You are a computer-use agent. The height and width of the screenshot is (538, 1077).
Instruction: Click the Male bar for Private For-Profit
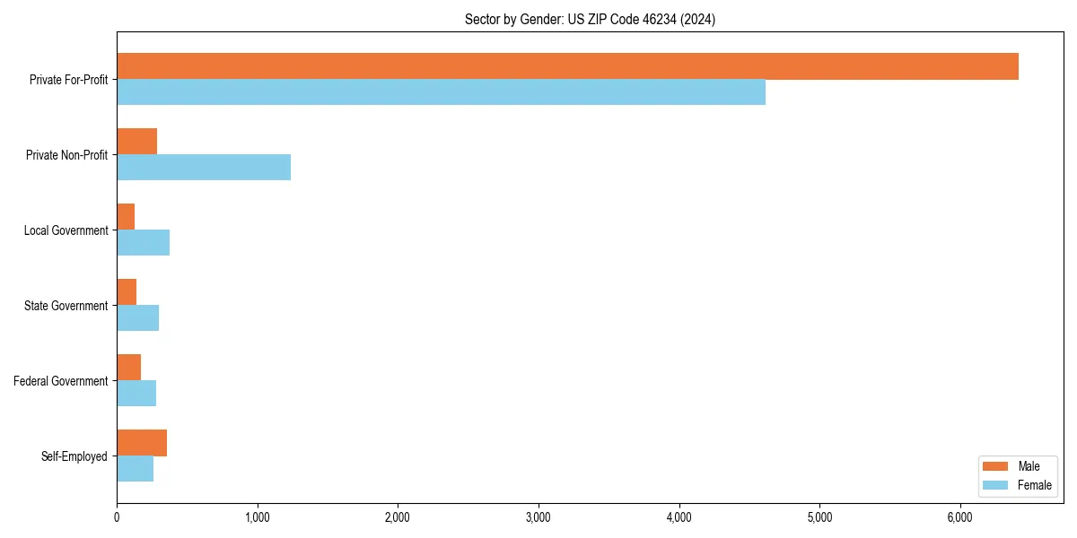pyautogui.click(x=567, y=66)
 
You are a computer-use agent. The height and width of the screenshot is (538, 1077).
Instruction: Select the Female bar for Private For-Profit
pyautogui.click(x=441, y=92)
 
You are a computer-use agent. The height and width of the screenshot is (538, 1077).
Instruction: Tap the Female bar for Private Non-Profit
pyautogui.click(x=204, y=168)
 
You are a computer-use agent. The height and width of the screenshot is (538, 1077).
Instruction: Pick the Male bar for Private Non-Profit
pyautogui.click(x=137, y=142)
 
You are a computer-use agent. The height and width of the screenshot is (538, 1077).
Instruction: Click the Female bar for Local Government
pyautogui.click(x=144, y=243)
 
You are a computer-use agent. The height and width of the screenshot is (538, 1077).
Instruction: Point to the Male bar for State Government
pyautogui.click(x=127, y=292)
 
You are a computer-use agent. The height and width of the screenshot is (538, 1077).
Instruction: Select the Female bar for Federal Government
pyautogui.click(x=136, y=394)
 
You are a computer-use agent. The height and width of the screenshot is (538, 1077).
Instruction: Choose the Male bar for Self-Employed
pyautogui.click(x=142, y=443)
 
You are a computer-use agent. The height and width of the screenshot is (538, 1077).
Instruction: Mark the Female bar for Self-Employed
pyautogui.click(x=136, y=469)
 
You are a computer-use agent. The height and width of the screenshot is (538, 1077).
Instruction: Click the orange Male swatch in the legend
pyautogui.click(x=996, y=466)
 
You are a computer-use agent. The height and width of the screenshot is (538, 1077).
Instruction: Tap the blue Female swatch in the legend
pyautogui.click(x=996, y=485)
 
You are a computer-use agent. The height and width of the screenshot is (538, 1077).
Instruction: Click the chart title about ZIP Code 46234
pyautogui.click(x=590, y=19)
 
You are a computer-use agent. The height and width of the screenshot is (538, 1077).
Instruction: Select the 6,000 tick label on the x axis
pyautogui.click(x=960, y=517)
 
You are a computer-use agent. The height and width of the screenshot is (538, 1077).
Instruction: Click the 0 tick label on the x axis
pyautogui.click(x=117, y=517)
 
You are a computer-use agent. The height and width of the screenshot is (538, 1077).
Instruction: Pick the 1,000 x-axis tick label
pyautogui.click(x=258, y=517)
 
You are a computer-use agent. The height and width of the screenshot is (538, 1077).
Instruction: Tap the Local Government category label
pyautogui.click(x=66, y=230)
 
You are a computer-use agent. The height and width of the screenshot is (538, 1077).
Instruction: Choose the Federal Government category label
pyautogui.click(x=61, y=381)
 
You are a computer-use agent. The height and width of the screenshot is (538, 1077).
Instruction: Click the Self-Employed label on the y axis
pyautogui.click(x=74, y=456)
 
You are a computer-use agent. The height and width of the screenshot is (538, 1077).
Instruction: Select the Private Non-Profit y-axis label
pyautogui.click(x=66, y=155)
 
